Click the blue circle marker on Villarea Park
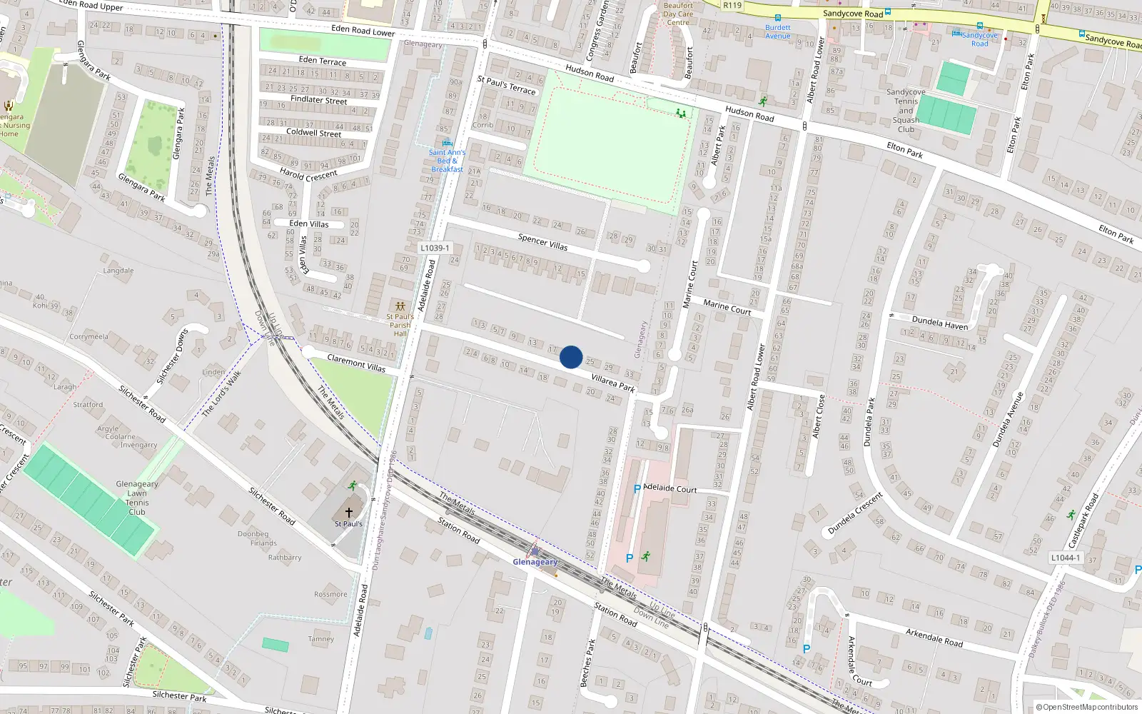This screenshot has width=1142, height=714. pos(571,357)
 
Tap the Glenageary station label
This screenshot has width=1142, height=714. pos(535,562)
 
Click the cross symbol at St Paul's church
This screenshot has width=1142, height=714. pos(349,512)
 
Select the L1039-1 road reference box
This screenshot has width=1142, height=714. pos(435,248)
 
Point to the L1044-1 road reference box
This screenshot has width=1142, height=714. pos(1065,558)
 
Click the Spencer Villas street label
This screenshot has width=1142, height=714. pos(543,242)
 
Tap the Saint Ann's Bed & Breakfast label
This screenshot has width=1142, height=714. pos(447,161)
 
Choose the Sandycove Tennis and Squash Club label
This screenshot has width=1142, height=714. pos(906,111)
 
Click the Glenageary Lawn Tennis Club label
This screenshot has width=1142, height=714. pos(137,498)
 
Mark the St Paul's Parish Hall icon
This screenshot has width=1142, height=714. pos(400,306)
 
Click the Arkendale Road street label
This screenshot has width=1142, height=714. pos(934,637)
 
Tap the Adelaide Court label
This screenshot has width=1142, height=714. pos(669,488)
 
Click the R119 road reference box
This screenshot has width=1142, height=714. pos(732,5)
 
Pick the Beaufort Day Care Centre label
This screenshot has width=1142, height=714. pos(678,14)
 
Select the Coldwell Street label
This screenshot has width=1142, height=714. pos(313,132)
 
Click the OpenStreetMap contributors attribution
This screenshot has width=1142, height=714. pos(1087,708)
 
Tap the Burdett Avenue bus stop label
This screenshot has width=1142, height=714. pos(778,31)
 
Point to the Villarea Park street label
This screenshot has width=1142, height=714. pos(613,383)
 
